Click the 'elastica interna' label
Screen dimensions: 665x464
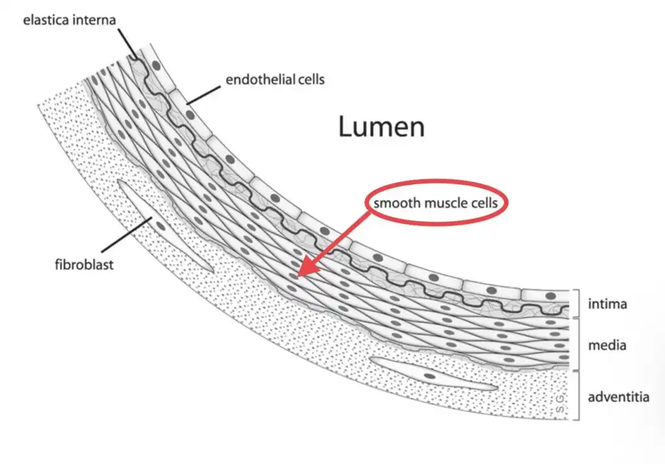coord(69,20)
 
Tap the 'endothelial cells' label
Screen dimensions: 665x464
coord(275,80)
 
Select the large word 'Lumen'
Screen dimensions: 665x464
coord(381,127)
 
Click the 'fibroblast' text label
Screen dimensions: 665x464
coord(84,265)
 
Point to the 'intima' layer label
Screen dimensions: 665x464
coord(607,304)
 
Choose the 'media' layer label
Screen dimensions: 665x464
coord(607,345)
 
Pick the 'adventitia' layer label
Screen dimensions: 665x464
coord(618,397)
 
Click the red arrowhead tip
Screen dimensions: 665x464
coord(298,276)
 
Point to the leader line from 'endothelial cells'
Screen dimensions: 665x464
coord(203,95)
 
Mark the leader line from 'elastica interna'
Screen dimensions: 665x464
coord(127,44)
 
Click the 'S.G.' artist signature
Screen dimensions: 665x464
coord(560,404)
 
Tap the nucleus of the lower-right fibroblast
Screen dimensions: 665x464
coord(430,376)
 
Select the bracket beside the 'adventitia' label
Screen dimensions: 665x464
coord(576,395)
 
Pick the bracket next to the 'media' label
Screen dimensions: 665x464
coord(576,344)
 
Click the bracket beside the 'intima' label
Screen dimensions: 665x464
coord(576,304)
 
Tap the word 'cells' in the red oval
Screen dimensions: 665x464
coord(482,203)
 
